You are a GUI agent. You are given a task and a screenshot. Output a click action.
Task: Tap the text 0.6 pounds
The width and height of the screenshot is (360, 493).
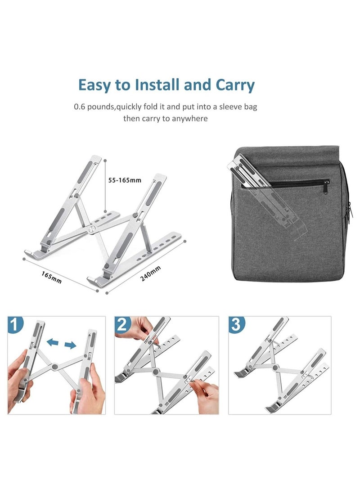coord(92,108)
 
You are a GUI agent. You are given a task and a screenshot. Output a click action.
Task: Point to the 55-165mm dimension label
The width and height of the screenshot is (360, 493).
coord(125,180)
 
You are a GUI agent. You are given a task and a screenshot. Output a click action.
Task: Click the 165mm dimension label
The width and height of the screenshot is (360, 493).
coord(52,275)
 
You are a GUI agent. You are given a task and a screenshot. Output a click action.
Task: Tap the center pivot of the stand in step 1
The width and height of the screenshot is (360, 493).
coord(55,367)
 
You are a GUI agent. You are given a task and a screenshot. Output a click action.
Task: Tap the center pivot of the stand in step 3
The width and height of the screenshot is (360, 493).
coord(275,368)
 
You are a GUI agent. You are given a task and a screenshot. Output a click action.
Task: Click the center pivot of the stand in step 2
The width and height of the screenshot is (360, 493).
coord(157,372)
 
